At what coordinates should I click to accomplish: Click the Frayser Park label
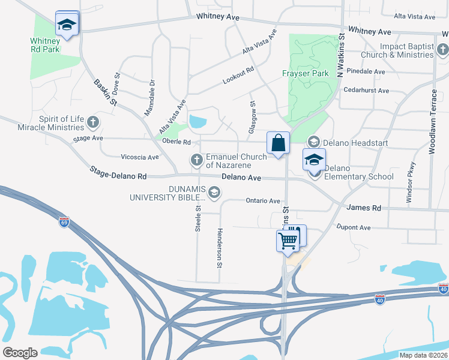pyautogui.click(x=306, y=74)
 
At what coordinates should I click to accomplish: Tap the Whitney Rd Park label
pyautogui.click(x=45, y=45)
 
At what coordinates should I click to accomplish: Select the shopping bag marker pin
pyautogui.click(x=279, y=143)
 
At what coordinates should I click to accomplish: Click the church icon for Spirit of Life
pyautogui.click(x=92, y=122)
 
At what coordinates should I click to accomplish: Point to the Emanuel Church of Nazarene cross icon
pyautogui.click(x=196, y=160)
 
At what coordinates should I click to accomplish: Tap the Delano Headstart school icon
pyautogui.click(x=313, y=142)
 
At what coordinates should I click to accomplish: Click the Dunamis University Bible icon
pyautogui.click(x=215, y=192)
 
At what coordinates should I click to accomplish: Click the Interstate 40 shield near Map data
pyautogui.click(x=379, y=298)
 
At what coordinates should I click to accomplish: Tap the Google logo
pyautogui.click(x=20, y=353)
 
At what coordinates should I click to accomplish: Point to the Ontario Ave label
pyautogui.click(x=263, y=201)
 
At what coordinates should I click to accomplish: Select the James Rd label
pyautogui.click(x=364, y=208)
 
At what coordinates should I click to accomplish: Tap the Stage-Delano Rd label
pyautogui.click(x=118, y=173)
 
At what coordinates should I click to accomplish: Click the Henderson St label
pyautogui.click(x=220, y=248)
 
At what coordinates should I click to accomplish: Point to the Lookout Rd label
pyautogui.click(x=238, y=77)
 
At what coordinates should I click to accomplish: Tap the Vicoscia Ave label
pyautogui.click(x=140, y=157)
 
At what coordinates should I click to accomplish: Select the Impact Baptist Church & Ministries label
pyautogui.click(x=406, y=50)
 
